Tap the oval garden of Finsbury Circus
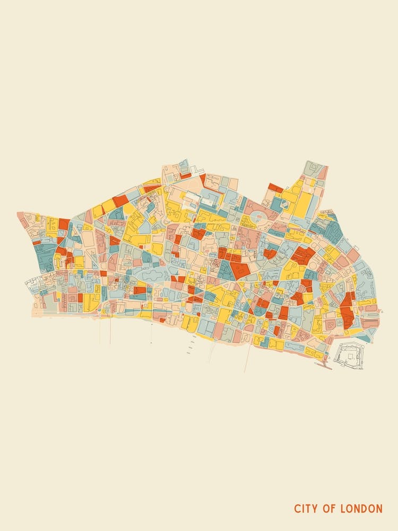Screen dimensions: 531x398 click(x=258, y=217)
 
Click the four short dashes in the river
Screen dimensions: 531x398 click(x=190, y=347)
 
